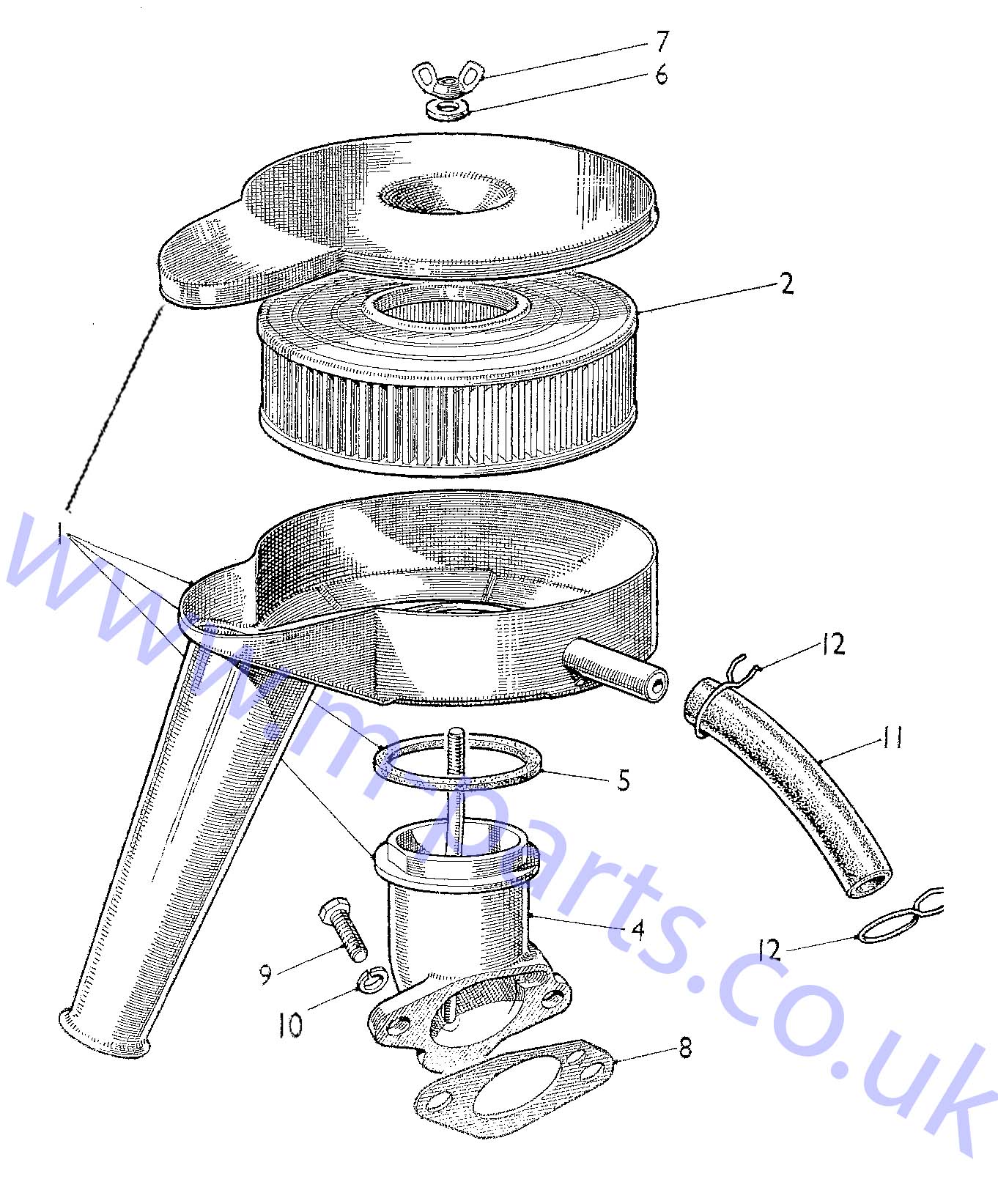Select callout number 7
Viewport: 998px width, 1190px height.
pyautogui.click(x=662, y=42)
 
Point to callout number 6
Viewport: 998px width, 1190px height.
pyautogui.click(x=661, y=74)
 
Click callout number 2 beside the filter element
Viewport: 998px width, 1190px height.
pyautogui.click(x=786, y=284)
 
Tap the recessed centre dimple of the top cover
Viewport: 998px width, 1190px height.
pyautogui.click(x=446, y=195)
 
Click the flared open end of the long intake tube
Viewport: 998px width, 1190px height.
pyautogui.click(x=103, y=1032)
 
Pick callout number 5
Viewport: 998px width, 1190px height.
pyautogui.click(x=623, y=780)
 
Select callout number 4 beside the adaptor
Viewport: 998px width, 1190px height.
pyautogui.click(x=637, y=930)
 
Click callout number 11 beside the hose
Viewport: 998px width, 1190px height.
pyautogui.click(x=891, y=738)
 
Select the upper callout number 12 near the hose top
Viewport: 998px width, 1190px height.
pyautogui.click(x=832, y=645)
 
